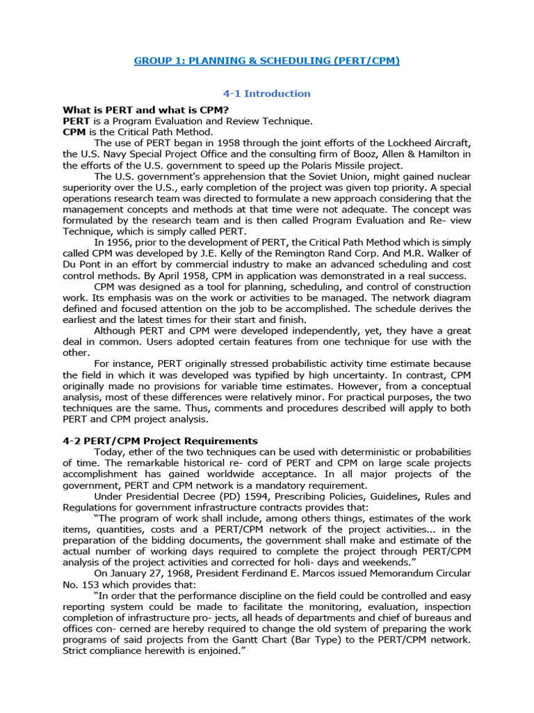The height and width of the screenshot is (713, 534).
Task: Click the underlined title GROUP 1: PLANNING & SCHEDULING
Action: coord(266,61)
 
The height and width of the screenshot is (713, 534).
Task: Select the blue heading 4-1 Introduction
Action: coord(266,93)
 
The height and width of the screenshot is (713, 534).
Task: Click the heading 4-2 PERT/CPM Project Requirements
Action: coord(160,441)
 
